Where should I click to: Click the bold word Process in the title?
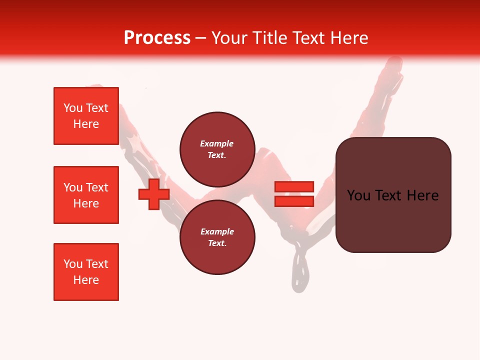click(x=157, y=38)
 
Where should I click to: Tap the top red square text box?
click(x=86, y=116)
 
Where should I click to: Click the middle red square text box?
click(x=86, y=195)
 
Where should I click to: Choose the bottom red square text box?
click(x=86, y=272)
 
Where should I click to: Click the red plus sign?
click(x=154, y=195)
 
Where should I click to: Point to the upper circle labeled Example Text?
click(x=217, y=149)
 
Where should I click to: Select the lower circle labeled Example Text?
click(x=217, y=237)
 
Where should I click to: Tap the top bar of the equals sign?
click(x=294, y=187)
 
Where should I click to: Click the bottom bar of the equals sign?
click(x=294, y=201)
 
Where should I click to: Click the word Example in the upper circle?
click(x=216, y=143)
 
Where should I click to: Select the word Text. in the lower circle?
click(x=217, y=243)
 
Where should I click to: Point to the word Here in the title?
click(x=349, y=38)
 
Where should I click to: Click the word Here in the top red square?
click(x=86, y=124)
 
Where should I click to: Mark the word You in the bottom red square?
click(x=73, y=264)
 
